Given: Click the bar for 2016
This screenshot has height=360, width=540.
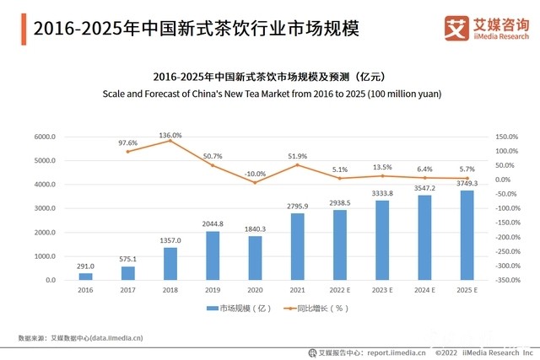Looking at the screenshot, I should [x=85, y=276].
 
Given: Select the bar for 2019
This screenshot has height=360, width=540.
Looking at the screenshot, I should [x=213, y=255].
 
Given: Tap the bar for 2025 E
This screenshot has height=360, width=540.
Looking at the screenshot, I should [x=468, y=235].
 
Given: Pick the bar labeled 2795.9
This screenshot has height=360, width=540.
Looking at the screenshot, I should [x=298, y=246].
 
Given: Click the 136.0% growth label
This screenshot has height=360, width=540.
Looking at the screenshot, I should [x=170, y=135].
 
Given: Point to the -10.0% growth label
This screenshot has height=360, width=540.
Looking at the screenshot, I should [x=255, y=174].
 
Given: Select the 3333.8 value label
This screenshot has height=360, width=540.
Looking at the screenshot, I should [x=383, y=193].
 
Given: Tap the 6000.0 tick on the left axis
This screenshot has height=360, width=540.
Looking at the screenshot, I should [x=44, y=137].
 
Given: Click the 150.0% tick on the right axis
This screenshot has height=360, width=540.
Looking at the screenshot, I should [x=506, y=137].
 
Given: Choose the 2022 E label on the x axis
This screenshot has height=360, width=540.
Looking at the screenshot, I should [x=340, y=291].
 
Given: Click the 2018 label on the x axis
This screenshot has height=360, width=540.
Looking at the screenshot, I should [x=170, y=291].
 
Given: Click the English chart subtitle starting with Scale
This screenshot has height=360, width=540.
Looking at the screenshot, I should [x=271, y=93].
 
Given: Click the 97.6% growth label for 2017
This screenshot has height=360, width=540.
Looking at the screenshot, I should [x=127, y=143].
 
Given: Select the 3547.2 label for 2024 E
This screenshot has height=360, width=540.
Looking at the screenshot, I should [x=426, y=188].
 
